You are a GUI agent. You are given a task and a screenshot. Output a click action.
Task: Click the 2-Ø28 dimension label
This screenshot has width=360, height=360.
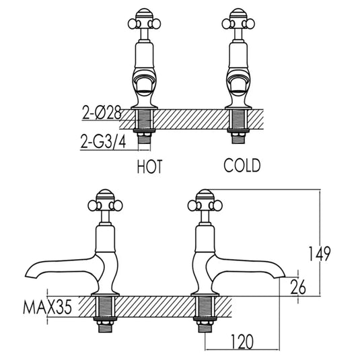point(99,114)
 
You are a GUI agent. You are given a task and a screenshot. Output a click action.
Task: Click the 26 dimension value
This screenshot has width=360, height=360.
point(300,287)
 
